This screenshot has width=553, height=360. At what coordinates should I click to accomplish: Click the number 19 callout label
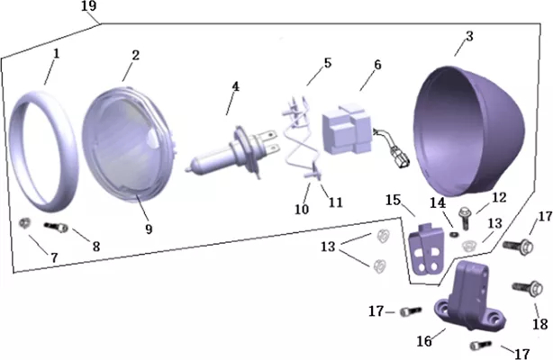click(88, 6)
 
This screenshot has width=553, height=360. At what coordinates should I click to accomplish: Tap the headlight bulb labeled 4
click(231, 153)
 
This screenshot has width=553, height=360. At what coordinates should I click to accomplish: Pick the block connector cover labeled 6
click(347, 129)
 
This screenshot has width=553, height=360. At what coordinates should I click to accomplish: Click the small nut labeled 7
click(24, 223)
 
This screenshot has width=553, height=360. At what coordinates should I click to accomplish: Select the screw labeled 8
click(56, 228)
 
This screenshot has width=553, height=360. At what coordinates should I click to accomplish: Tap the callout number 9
click(149, 229)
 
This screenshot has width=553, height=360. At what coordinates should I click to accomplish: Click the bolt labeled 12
click(464, 218)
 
